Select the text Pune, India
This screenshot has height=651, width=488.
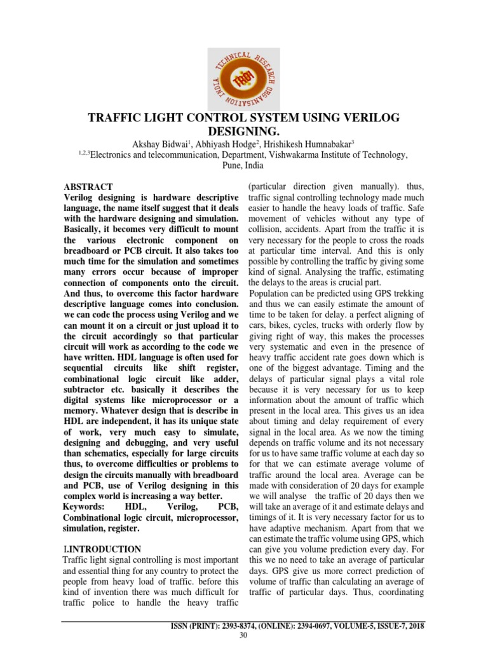[x=243, y=165]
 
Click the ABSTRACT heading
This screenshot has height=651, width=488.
[x=88, y=187]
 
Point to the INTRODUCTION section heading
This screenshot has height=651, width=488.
[x=105, y=548]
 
